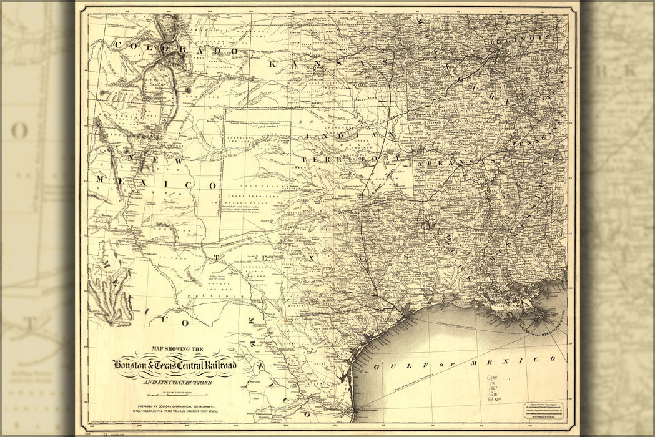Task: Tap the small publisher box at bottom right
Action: [543, 410]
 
